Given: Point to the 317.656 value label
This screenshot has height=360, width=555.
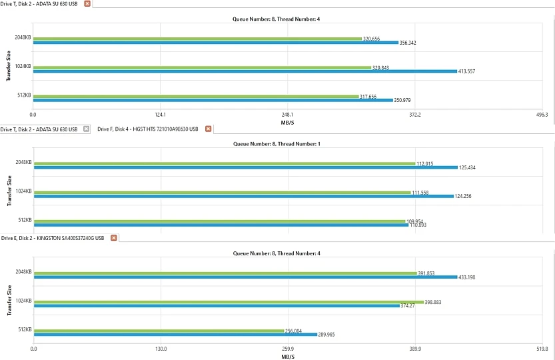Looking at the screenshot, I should [368, 97].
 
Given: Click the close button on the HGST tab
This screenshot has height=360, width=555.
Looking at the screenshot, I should [208, 129].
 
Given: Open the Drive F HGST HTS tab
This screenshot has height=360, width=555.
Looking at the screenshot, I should [148, 129].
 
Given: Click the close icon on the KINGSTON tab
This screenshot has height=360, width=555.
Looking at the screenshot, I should [114, 237].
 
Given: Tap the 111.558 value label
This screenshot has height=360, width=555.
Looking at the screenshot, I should [420, 192].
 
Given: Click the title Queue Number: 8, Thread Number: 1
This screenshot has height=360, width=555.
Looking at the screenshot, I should [277, 144].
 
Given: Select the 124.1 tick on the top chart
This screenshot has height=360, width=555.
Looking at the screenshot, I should [160, 115].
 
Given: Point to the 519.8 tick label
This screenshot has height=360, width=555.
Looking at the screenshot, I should [542, 349].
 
